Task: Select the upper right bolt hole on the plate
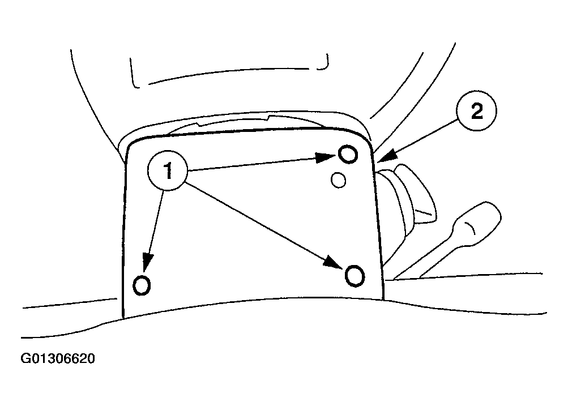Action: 348,154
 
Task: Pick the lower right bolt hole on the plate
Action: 355,276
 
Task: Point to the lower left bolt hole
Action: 142,285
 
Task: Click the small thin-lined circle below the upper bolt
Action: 338,180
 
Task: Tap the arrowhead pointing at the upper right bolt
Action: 326,157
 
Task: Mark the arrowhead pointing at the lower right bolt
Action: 333,262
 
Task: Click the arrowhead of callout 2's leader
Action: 387,156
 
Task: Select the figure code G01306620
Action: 58,358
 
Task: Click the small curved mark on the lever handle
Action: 471,228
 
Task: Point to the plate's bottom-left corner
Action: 123,318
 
